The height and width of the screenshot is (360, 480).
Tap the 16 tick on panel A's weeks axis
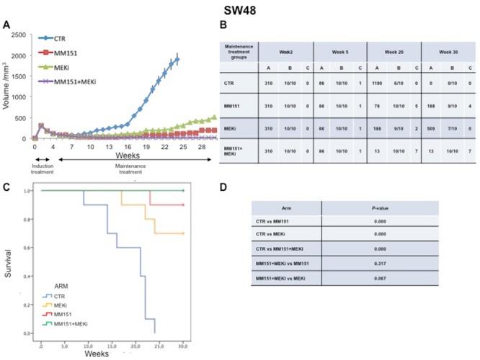tap(127, 146)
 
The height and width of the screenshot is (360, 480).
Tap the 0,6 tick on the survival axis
tap(30, 248)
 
